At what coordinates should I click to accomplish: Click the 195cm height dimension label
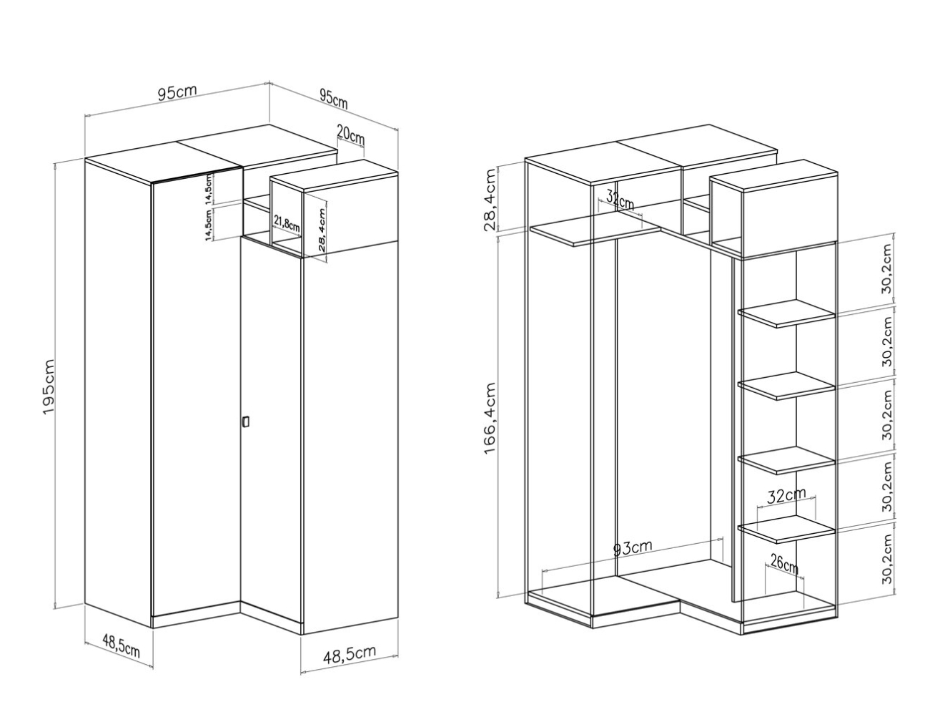[49, 386]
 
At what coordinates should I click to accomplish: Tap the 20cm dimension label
[350, 135]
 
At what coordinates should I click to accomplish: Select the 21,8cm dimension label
[287, 223]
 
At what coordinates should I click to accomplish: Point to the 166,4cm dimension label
[490, 418]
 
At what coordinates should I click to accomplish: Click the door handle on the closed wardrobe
[246, 421]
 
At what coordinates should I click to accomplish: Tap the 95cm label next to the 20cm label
[334, 99]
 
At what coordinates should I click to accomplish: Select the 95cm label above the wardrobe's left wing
[177, 92]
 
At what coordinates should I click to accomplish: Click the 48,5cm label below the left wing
[121, 645]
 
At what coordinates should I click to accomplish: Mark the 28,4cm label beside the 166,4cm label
[490, 200]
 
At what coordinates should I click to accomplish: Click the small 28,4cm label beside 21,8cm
[322, 229]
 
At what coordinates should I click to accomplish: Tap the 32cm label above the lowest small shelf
[786, 496]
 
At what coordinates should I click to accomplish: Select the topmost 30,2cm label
[887, 268]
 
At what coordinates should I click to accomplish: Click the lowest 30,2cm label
[887, 558]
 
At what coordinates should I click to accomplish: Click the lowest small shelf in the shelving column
[786, 530]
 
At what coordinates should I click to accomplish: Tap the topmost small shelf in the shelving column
[786, 313]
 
